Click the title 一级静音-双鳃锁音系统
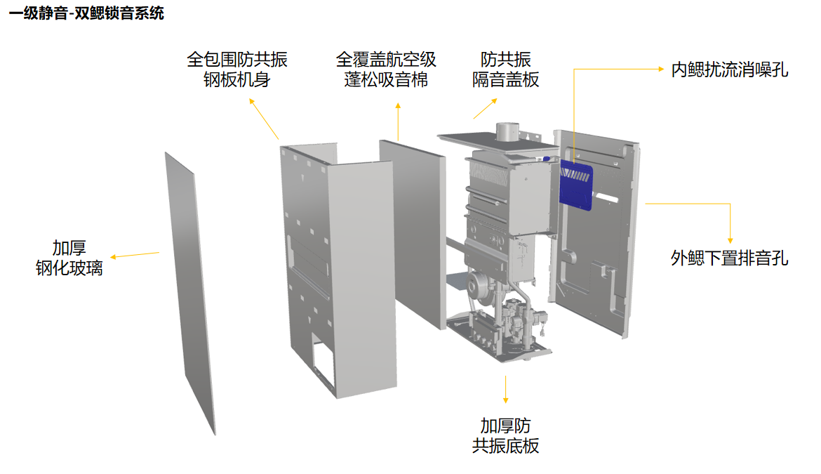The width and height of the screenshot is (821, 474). point(86,13)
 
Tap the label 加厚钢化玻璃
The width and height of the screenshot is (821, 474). point(69,258)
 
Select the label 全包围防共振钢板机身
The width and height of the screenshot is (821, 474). point(236,69)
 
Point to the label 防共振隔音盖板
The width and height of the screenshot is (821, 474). point(505,69)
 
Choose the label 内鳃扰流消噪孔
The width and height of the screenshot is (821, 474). point(729,70)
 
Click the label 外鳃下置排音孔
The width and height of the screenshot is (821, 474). point(729,258)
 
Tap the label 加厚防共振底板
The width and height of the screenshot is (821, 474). point(505,435)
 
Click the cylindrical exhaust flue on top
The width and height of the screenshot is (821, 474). point(507,131)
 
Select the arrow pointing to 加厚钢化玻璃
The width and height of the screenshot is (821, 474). point(133,255)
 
